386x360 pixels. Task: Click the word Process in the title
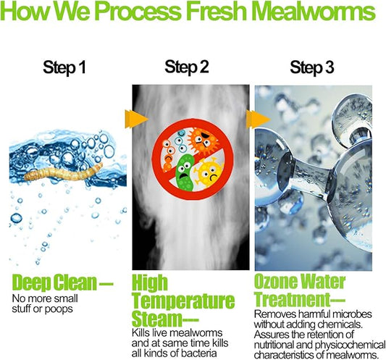138,11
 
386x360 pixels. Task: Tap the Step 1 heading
64,67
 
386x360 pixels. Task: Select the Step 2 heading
187,67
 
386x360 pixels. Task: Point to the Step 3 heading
312,67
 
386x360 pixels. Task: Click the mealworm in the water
64,172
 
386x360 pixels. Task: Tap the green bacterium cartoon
185,172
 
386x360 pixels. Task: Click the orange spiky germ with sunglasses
202,141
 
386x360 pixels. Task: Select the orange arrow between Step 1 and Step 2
136,119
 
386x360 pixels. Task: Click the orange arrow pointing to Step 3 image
259,120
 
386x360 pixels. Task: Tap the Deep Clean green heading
62,282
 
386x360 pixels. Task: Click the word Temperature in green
183,301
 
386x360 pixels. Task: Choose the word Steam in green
156,319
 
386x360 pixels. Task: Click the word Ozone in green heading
275,281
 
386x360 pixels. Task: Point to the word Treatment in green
292,299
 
